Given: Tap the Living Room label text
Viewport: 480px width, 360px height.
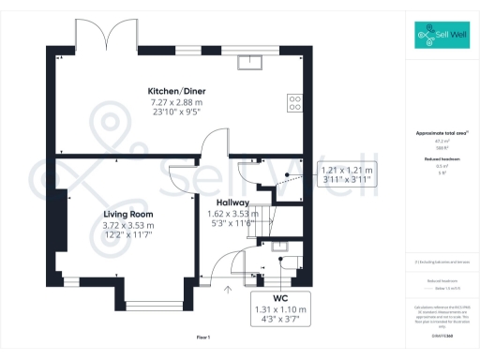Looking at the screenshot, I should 127,214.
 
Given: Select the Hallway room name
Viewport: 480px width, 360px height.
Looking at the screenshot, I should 232,202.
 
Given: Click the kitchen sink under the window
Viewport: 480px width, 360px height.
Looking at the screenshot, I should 250,63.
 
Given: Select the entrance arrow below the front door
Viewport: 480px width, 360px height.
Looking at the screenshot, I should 225,289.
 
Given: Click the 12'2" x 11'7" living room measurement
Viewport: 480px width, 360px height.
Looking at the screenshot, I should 127,234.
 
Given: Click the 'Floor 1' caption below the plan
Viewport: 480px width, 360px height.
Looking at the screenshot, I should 203,337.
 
